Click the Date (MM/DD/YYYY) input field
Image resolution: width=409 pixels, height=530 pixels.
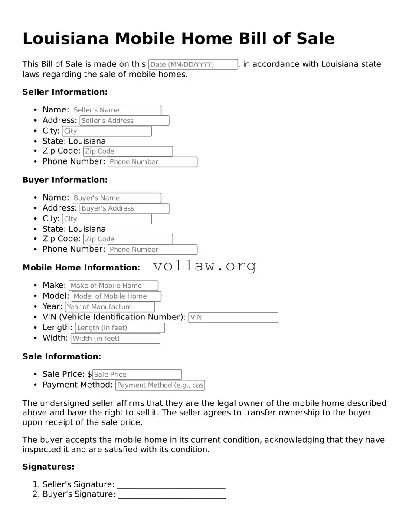click(193, 65)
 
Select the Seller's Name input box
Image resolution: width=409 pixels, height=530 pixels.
click(116, 110)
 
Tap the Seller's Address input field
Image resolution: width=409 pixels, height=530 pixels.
click(124, 121)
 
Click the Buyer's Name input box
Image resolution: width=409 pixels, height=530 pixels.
click(116, 198)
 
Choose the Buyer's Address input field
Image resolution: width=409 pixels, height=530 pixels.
click(124, 208)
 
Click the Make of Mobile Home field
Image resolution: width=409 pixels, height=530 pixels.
click(113, 286)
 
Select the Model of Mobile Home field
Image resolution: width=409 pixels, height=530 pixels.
click(116, 296)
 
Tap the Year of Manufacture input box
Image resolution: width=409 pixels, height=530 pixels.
click(110, 307)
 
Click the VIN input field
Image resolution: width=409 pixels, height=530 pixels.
click(233, 317)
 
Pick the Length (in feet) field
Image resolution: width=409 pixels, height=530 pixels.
click(120, 328)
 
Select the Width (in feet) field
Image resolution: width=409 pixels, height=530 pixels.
click(115, 338)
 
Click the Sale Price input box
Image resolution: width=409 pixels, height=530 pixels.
click(137, 375)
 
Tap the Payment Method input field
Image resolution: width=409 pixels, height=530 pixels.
click(160, 385)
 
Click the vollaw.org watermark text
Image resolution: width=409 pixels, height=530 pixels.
click(205, 266)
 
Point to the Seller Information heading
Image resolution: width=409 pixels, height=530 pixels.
click(65, 92)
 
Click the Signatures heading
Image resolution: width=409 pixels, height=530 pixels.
click(49, 467)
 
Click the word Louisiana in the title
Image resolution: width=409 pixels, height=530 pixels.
click(65, 39)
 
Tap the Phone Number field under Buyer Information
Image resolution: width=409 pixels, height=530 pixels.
click(152, 250)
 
